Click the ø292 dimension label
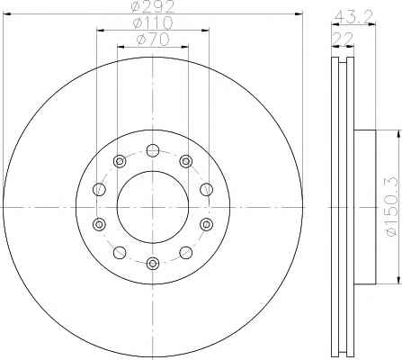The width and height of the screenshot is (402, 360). [153, 6]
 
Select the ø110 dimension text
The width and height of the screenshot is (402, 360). [153, 22]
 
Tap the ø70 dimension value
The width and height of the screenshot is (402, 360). [153, 40]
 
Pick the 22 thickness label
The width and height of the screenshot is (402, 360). [343, 39]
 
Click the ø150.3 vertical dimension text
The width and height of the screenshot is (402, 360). [394, 206]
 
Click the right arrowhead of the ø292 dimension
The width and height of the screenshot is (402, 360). [299, 13]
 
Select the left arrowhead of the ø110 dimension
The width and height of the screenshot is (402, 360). [101, 30]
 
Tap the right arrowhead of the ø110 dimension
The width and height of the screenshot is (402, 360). [205, 30]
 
